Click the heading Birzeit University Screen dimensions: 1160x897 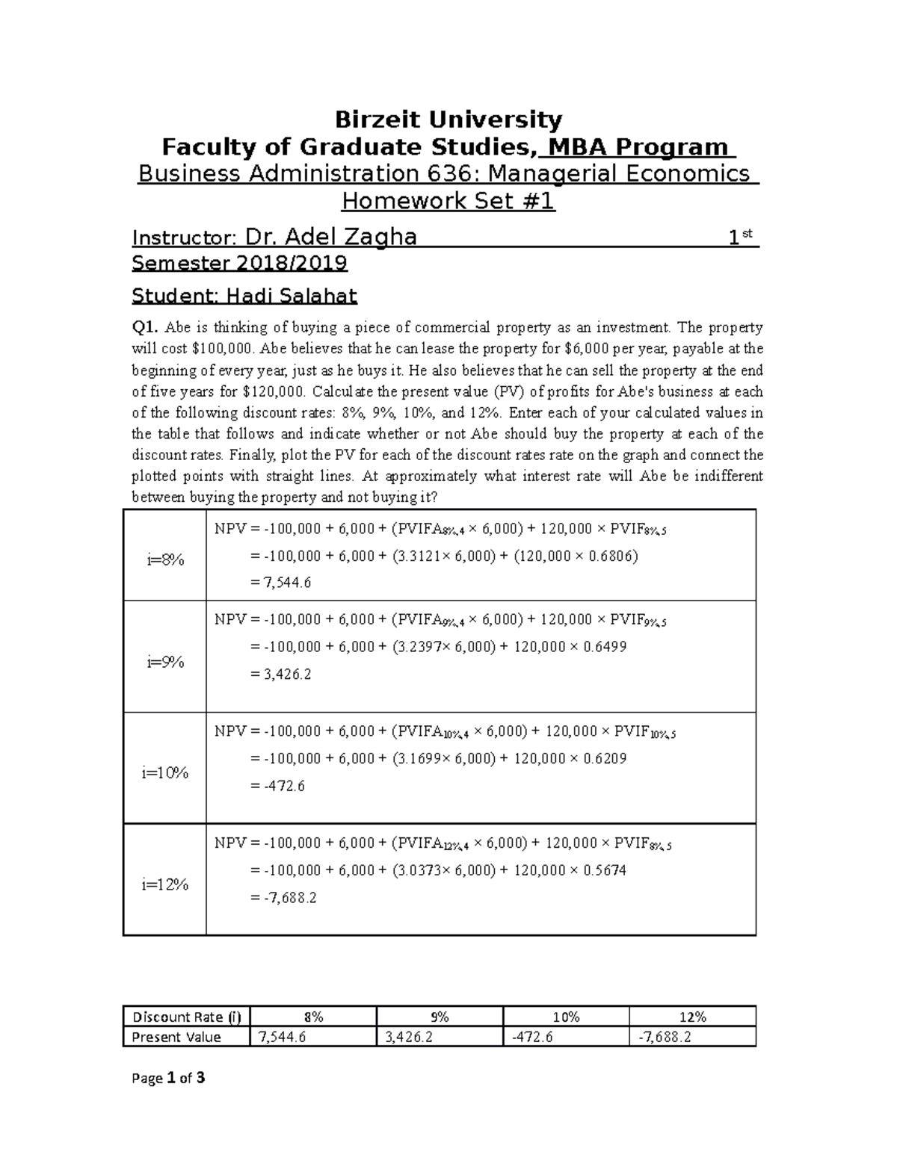(448, 120)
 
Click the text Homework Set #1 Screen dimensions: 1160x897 (448, 201)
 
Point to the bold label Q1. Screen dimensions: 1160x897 (145, 327)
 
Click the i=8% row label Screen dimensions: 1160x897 (165, 559)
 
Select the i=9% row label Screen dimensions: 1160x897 (165, 661)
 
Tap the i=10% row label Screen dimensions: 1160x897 (165, 772)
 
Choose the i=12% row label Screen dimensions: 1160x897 (165, 884)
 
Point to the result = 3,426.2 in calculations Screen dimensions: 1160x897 (281, 674)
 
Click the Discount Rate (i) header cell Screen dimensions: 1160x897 (187, 1017)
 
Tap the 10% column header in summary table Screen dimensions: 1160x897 (566, 1017)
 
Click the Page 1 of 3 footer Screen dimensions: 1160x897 (168, 1078)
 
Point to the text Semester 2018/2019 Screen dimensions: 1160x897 (239, 264)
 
